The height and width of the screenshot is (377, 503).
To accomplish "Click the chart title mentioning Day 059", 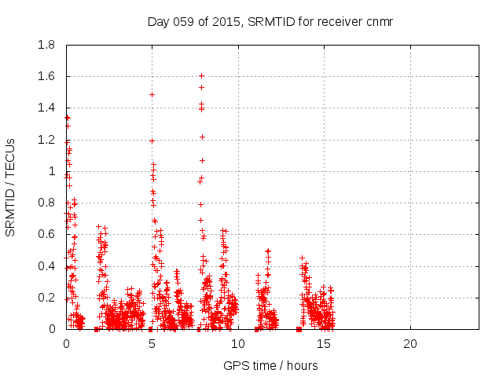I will (x=270, y=21).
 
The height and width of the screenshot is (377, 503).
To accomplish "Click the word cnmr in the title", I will (x=378, y=21).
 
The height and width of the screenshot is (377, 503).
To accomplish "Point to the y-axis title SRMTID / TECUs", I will (x=10, y=187).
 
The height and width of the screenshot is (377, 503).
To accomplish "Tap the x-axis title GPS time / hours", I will (x=270, y=365).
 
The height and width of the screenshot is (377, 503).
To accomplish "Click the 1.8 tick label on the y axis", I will (x=46, y=45).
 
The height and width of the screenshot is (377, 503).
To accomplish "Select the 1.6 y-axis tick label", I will (x=46, y=76).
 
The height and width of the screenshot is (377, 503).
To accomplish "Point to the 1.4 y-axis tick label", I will (x=46, y=108).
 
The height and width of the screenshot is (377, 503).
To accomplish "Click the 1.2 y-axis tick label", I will (x=46, y=140).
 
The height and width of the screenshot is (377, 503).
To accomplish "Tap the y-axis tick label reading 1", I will (x=53, y=171).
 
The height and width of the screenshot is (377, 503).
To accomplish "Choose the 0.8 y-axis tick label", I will (x=46, y=203).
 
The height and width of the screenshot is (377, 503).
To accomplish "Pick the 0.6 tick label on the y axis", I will (x=46, y=234).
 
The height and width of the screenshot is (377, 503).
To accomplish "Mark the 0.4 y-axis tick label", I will (x=46, y=266).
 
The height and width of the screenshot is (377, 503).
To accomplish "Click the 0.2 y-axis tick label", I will (x=46, y=298).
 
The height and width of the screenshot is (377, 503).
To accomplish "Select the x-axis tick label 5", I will (x=152, y=344).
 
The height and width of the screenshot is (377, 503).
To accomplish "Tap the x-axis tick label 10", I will (x=237, y=344).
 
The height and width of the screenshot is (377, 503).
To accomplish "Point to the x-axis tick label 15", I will (x=323, y=344).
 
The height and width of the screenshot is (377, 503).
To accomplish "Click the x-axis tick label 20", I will (x=409, y=344).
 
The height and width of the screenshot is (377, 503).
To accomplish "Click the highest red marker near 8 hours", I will (x=202, y=76).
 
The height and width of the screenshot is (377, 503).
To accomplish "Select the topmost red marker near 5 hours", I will (x=152, y=94).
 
